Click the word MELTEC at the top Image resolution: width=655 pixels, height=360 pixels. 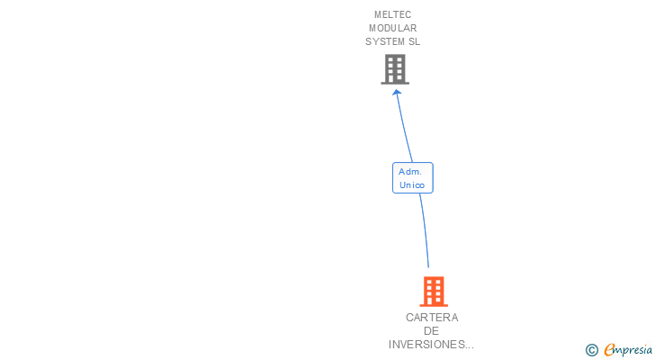[392, 14]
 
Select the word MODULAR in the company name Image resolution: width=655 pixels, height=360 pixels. [392, 28]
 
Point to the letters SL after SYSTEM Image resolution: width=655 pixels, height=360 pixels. [414, 41]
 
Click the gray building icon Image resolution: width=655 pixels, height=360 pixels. [395, 68]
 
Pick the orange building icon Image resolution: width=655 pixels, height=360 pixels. [434, 291]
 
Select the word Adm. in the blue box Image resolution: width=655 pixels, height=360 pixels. [412, 171]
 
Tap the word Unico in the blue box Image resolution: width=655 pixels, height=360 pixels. [412, 184]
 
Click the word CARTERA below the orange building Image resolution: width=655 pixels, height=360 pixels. [432, 318]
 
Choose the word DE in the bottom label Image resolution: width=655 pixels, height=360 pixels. [432, 331]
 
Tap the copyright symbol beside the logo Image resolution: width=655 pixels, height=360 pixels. [591, 350]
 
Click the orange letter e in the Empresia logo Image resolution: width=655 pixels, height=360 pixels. [609, 350]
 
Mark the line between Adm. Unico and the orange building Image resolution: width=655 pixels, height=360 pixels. [424, 229]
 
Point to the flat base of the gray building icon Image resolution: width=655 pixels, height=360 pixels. [395, 83]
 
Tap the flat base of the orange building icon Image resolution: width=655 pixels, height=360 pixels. [434, 305]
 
